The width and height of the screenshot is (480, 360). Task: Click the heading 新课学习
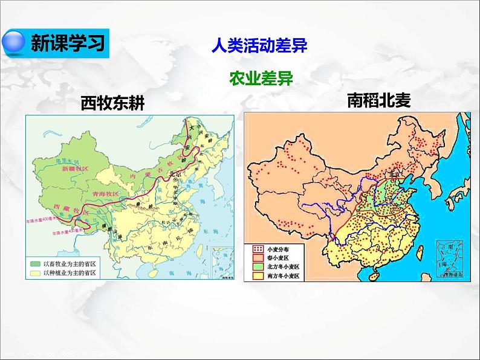[68, 43]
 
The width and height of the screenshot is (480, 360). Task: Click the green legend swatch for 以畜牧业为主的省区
[37, 263]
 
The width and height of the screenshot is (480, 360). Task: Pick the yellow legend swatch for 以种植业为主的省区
[37, 273]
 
